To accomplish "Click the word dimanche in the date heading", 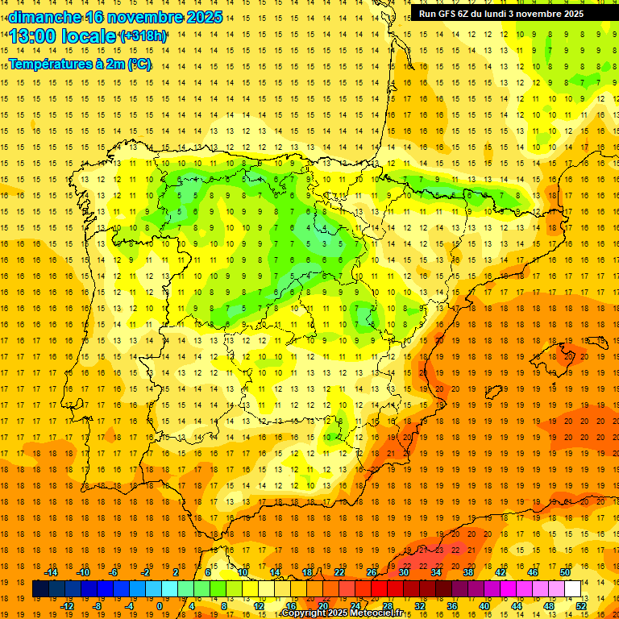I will point(45,17).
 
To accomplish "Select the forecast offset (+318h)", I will point(143,36).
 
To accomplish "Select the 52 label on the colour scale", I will point(580,605).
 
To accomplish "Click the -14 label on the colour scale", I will point(52,572).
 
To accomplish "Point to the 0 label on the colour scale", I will point(160,605).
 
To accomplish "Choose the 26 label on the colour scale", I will point(372,572).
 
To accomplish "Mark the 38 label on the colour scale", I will point(467,572).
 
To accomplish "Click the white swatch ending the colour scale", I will point(573,589).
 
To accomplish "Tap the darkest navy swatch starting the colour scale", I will point(41,589).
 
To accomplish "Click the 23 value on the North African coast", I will point(438,550).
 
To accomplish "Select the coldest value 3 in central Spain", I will point(325,243).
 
